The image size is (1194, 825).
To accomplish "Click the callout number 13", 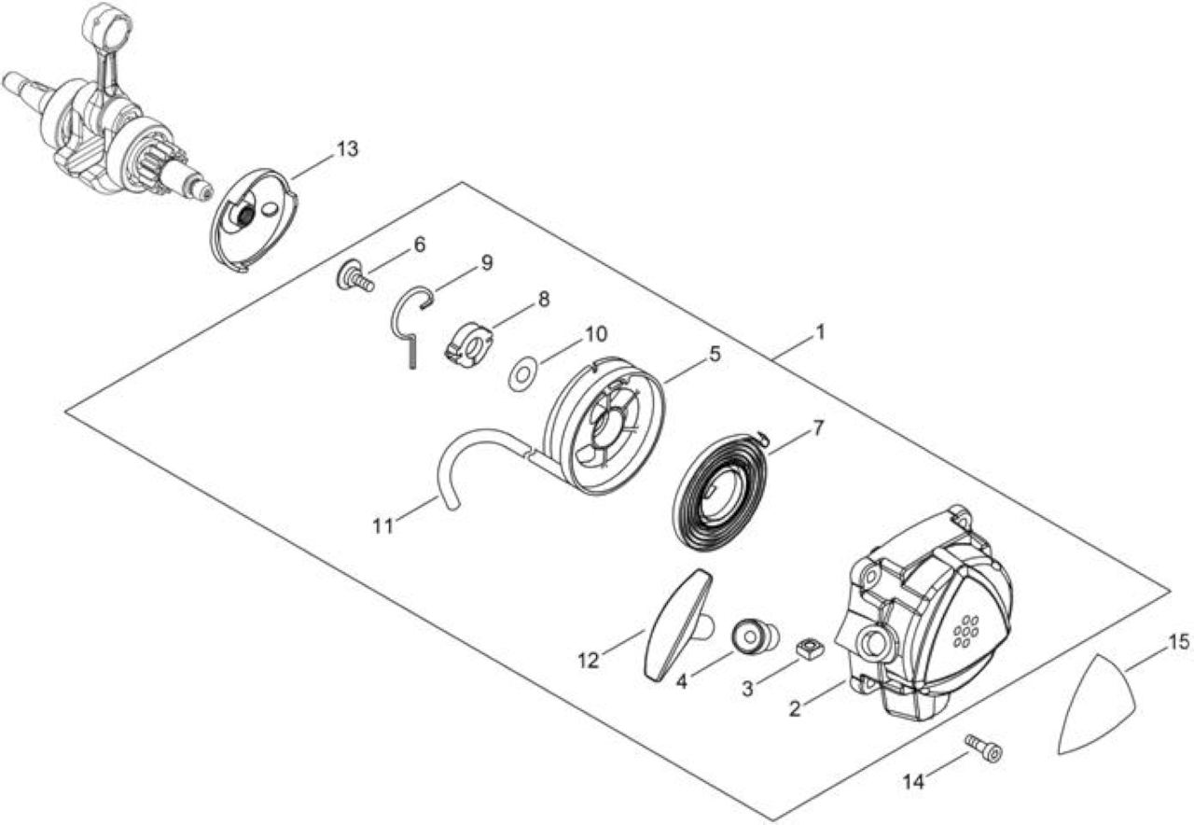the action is (x=347, y=149).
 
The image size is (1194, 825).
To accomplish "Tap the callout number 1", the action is (x=820, y=332).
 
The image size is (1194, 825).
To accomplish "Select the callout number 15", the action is (x=1180, y=642).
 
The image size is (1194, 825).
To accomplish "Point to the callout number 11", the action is (x=382, y=526).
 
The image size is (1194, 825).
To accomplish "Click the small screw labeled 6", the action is (x=355, y=277).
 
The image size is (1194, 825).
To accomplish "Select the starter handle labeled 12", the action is (x=678, y=625).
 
